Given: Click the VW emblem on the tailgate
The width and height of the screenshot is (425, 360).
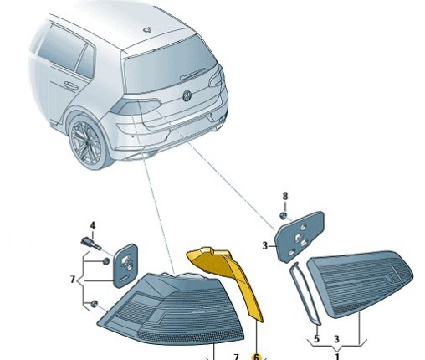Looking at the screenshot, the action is [187, 95].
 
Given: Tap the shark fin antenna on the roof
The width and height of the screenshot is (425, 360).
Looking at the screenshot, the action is [148, 29].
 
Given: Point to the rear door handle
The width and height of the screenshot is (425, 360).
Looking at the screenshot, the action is [70, 85].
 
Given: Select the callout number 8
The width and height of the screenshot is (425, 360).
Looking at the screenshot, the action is [284, 196].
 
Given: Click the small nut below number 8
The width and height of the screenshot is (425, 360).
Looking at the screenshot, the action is [284, 215].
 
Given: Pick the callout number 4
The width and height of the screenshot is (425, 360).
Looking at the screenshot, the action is [93, 225].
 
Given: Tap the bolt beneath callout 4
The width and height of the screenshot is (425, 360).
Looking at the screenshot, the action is [90, 244].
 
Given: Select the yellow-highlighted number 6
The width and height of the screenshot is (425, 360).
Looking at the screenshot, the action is [256, 357].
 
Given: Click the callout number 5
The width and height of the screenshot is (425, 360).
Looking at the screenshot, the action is [316, 339].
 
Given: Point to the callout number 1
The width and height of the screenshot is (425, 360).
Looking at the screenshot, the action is [337, 356].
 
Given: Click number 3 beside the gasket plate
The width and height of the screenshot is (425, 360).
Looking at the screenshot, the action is [265, 245].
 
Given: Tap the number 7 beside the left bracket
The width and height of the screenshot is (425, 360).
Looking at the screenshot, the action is [73, 279].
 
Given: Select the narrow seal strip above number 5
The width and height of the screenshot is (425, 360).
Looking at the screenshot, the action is [305, 294].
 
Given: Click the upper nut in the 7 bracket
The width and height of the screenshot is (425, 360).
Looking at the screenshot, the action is [106, 262].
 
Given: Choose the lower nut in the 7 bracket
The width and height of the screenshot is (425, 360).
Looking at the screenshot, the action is [95, 304].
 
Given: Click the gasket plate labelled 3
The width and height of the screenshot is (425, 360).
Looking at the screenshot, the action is [300, 237].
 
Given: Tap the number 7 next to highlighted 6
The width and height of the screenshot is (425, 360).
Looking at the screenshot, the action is [236, 357].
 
